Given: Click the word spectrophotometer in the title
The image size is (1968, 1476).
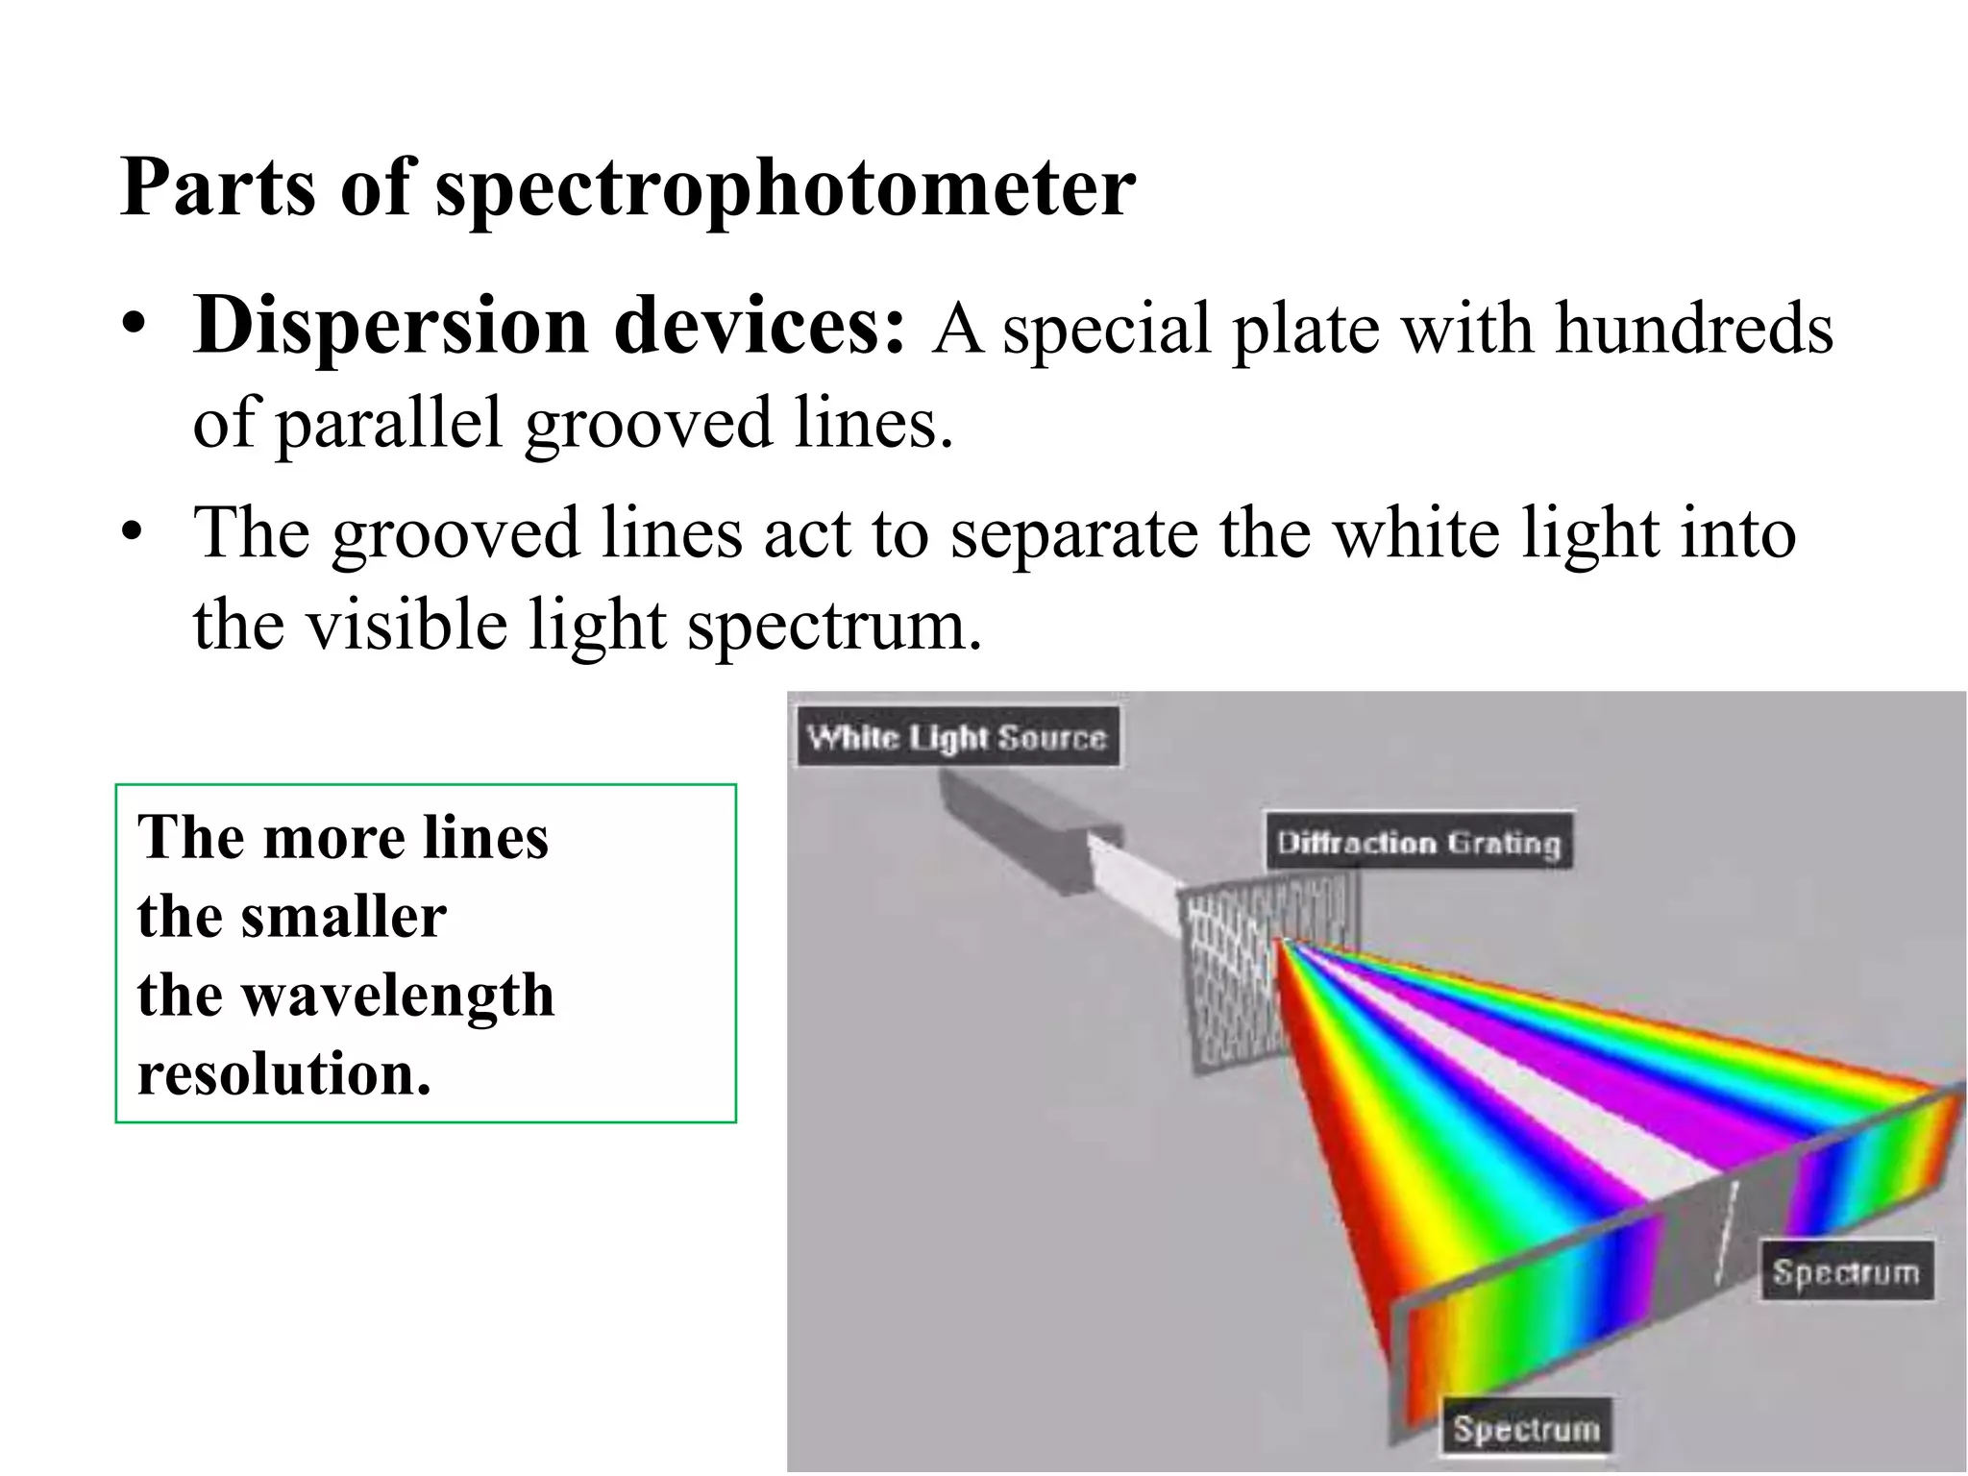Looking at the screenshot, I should click(785, 189).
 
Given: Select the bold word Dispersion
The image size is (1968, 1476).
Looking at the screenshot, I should click(390, 327).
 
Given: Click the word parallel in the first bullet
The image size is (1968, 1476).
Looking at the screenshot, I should click(389, 423).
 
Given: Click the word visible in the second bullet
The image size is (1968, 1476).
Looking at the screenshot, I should click(406, 626).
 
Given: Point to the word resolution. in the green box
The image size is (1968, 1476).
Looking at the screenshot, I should click(284, 1073).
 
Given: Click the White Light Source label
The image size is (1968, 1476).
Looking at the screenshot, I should click(957, 738).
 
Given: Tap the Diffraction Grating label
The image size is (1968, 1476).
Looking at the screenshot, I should click(1418, 843).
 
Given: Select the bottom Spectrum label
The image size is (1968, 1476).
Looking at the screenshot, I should click(1526, 1429).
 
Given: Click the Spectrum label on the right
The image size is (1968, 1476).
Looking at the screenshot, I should click(1846, 1272).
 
